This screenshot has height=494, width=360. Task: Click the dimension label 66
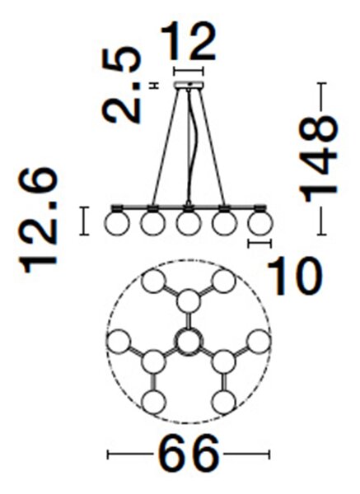(x=188, y=454)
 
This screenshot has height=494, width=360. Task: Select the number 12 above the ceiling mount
(x=188, y=41)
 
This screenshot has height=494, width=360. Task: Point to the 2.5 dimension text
(x=122, y=85)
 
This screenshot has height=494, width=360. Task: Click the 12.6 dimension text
(x=38, y=221)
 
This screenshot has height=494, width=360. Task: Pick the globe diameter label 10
(x=295, y=276)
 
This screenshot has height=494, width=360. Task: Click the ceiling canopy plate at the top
(x=189, y=85)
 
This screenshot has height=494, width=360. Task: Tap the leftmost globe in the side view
(x=117, y=223)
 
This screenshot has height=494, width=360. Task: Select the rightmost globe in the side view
(x=260, y=223)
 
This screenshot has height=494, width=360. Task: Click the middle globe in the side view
(x=189, y=223)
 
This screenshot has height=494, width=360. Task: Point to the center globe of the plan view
(x=189, y=342)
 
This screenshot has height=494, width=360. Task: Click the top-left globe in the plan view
(x=153, y=281)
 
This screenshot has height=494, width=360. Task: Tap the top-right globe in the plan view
(x=224, y=281)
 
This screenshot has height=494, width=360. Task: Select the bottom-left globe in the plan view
(x=153, y=402)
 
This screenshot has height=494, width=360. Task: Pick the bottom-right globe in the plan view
(x=224, y=402)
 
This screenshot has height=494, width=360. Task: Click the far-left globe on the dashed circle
(x=118, y=341)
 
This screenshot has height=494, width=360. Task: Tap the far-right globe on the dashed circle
(x=259, y=341)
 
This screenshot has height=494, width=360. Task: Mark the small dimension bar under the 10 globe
(x=259, y=243)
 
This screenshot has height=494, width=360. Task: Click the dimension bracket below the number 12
(x=189, y=71)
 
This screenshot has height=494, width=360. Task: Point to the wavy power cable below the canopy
(x=191, y=145)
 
